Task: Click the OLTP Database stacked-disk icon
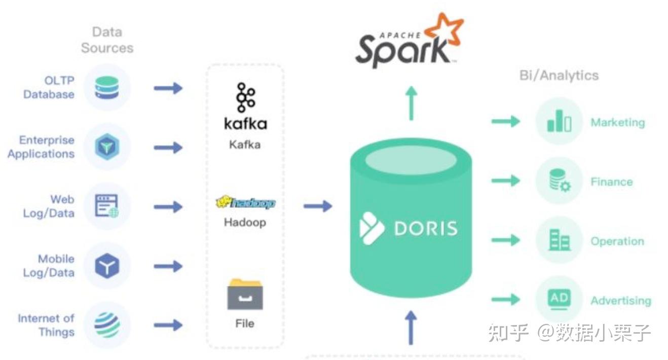click(107, 88)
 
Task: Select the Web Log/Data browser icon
click(107, 206)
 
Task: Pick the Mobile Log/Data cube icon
click(107, 266)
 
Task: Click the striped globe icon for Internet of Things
click(107, 325)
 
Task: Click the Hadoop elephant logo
click(245, 203)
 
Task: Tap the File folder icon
click(245, 294)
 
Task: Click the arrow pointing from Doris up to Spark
click(411, 103)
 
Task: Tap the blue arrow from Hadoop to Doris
click(318, 206)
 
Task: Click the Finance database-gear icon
click(559, 181)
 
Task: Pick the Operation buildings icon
click(559, 240)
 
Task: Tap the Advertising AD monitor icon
click(559, 299)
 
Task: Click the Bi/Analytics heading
click(559, 76)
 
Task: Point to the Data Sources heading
click(107, 40)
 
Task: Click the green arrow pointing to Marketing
click(506, 121)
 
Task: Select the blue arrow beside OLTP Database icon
click(168, 88)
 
